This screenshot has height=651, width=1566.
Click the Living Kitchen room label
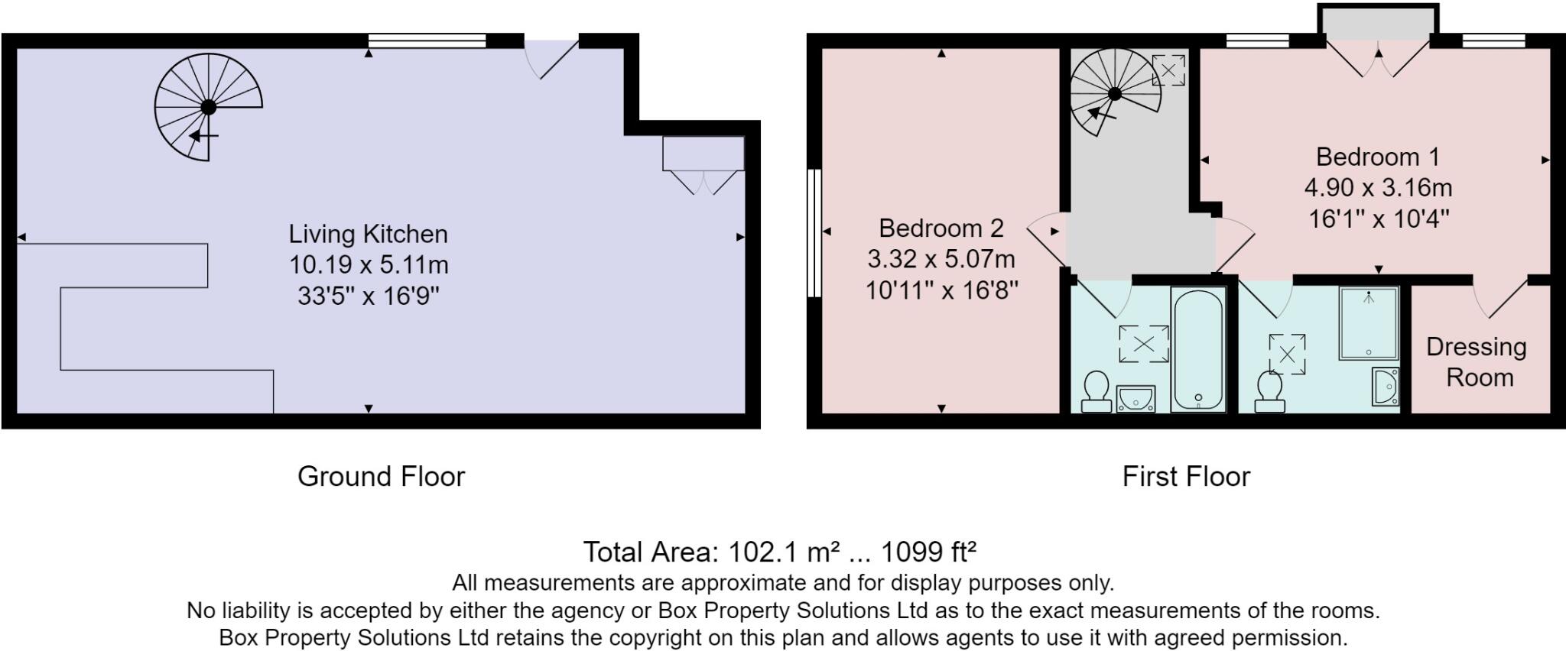coord(368,234)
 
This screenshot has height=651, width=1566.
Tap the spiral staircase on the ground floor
coord(208,107)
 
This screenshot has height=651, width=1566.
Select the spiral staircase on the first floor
coord(1114,93)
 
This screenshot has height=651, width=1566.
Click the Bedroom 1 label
coord(1377,157)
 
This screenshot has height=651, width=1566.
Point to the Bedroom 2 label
coord(941,228)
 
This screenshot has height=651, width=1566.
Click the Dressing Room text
coord(1477,361)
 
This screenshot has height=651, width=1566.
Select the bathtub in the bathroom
coord(1198,349)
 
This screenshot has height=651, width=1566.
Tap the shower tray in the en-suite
coord(1369,322)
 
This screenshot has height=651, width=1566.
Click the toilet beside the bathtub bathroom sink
coord(1097,390)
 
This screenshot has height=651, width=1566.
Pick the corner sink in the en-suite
coord(1386,386)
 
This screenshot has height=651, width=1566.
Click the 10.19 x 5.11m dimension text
coord(368,265)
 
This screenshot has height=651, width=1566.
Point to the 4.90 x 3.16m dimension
coord(1377,188)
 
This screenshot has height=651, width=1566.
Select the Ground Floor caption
coord(381,477)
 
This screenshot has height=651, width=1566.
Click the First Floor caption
coord(1186,477)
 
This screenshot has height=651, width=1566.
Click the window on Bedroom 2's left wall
coord(814,232)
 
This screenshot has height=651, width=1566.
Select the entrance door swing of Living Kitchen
coord(549,57)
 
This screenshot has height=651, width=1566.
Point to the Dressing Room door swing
coord(1499,299)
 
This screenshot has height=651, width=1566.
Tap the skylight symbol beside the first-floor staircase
coord(1168,70)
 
